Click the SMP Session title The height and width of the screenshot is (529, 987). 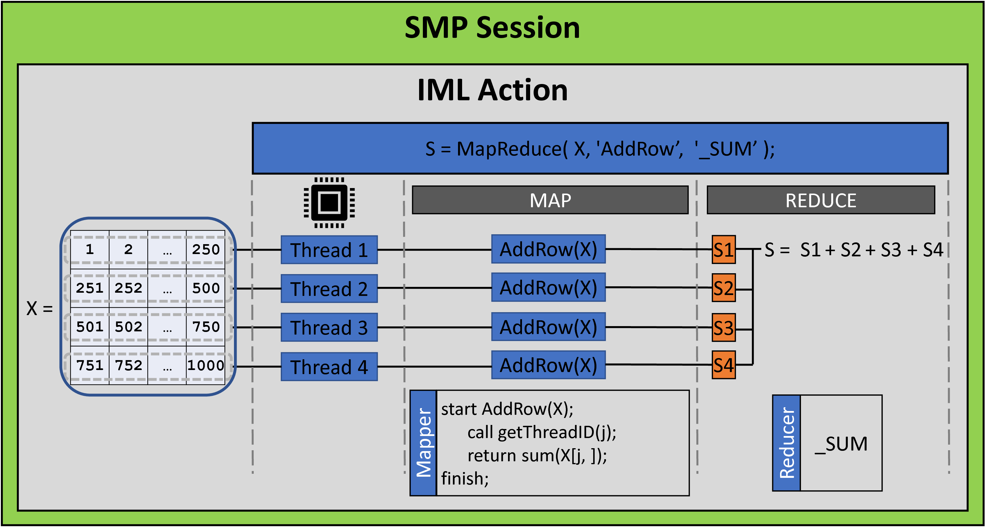(492, 28)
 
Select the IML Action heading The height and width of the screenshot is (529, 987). (492, 90)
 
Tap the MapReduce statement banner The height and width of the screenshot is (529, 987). (600, 149)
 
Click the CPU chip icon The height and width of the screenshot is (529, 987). (329, 202)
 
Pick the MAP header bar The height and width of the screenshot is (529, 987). (550, 200)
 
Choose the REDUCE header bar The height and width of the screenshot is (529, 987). (821, 200)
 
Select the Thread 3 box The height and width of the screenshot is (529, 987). (329, 328)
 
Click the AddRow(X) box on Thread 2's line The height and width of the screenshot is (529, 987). (548, 288)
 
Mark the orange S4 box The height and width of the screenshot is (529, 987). (723, 365)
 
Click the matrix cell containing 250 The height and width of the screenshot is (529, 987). (206, 250)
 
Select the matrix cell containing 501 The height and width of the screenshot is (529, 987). (90, 327)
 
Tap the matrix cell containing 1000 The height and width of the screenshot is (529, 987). (206, 365)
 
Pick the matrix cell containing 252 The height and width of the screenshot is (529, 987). (128, 288)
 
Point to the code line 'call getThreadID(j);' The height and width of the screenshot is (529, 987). (541, 433)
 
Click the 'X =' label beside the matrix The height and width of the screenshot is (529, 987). (40, 308)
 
